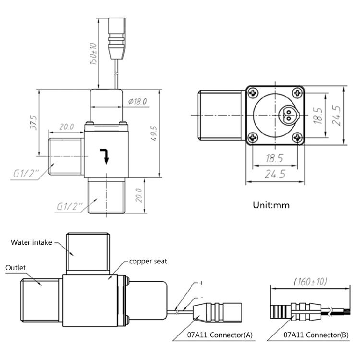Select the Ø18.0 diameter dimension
[x=138, y=101]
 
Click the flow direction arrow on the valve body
[x=105, y=155]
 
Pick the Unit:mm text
[x=271, y=205]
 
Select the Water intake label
[x=31, y=242]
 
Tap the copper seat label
[x=147, y=262]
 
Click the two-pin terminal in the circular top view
[x=289, y=114]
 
